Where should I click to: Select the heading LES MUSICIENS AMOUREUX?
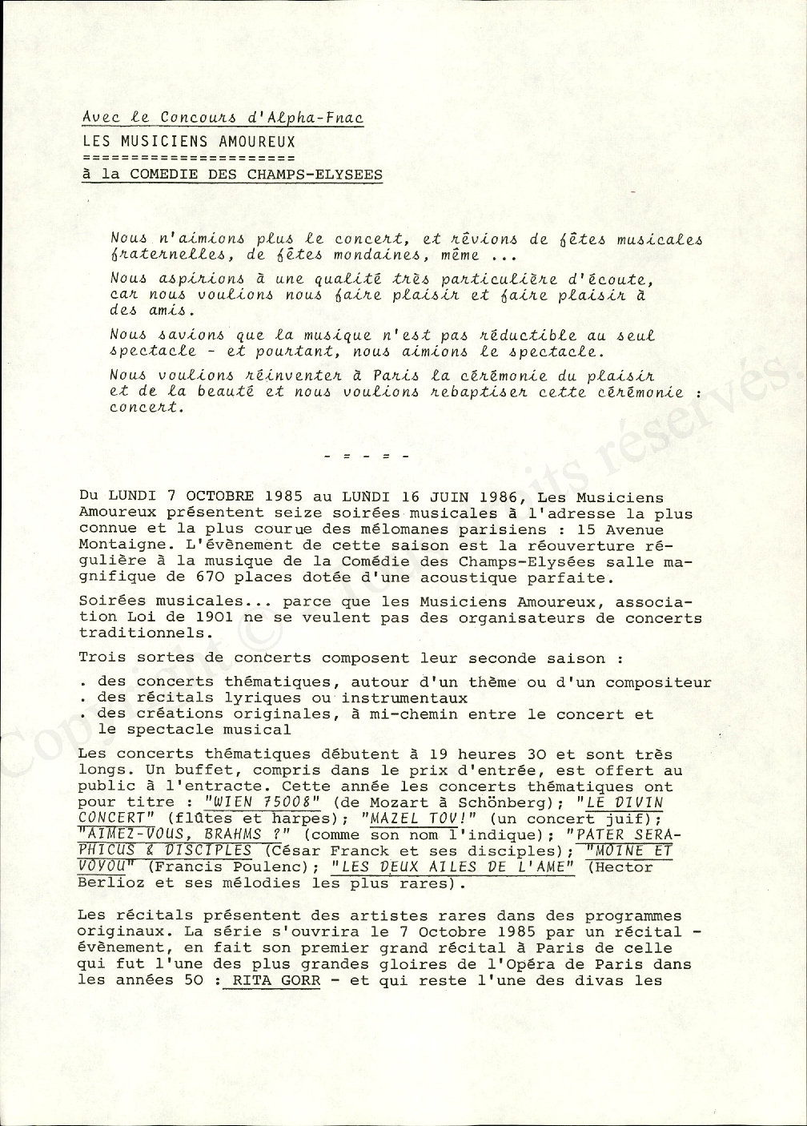[x=189, y=141]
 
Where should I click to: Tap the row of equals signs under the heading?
[x=189, y=157]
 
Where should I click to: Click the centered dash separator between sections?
[x=367, y=456]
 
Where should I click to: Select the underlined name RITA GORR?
[x=271, y=980]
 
